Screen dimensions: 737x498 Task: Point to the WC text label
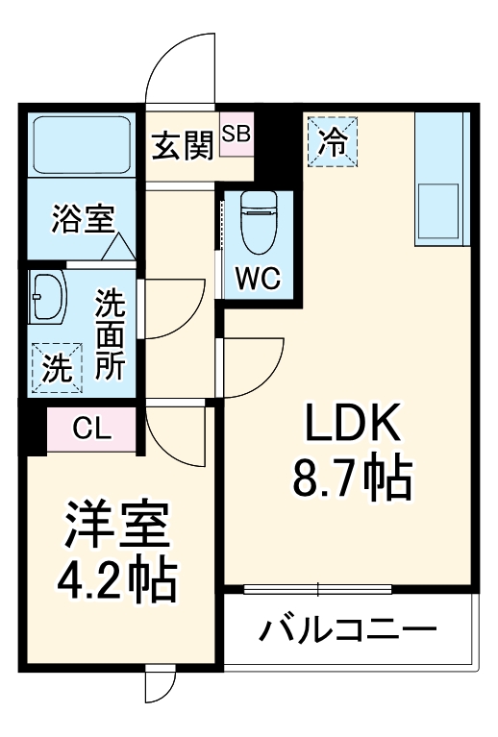point(257,279)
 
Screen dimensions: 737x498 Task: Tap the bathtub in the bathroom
point(82,145)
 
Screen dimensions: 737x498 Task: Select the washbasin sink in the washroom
point(45,297)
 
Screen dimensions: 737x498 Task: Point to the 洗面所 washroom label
point(109,336)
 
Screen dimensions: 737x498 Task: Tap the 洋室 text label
point(116,525)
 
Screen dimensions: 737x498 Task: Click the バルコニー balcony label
point(348,630)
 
